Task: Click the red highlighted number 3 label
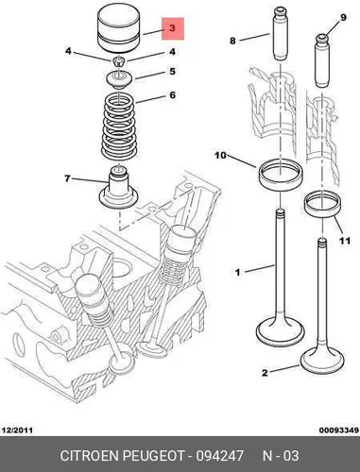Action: pyautogui.click(x=173, y=28)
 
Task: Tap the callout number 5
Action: pyautogui.click(x=172, y=72)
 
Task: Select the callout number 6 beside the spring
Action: pyautogui.click(x=172, y=95)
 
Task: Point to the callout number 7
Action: pyautogui.click(x=67, y=178)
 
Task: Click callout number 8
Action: pyautogui.click(x=232, y=41)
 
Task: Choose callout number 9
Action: pyautogui.click(x=343, y=17)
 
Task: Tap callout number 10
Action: pyautogui.click(x=221, y=155)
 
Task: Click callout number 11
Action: pyautogui.click(x=345, y=241)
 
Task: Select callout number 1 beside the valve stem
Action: pyautogui.click(x=238, y=272)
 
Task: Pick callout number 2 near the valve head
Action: pyautogui.click(x=265, y=373)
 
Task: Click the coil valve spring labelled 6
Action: pyautogui.click(x=119, y=126)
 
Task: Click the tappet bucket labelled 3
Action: pyautogui.click(x=119, y=29)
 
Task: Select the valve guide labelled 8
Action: pyautogui.click(x=280, y=34)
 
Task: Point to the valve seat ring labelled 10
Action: pyautogui.click(x=281, y=175)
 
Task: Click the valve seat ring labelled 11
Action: pyautogui.click(x=323, y=205)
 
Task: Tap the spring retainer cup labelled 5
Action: pyautogui.click(x=119, y=80)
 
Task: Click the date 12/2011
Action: pyautogui.click(x=17, y=430)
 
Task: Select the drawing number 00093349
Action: pyautogui.click(x=339, y=430)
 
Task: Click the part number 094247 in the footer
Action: pyautogui.click(x=220, y=456)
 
